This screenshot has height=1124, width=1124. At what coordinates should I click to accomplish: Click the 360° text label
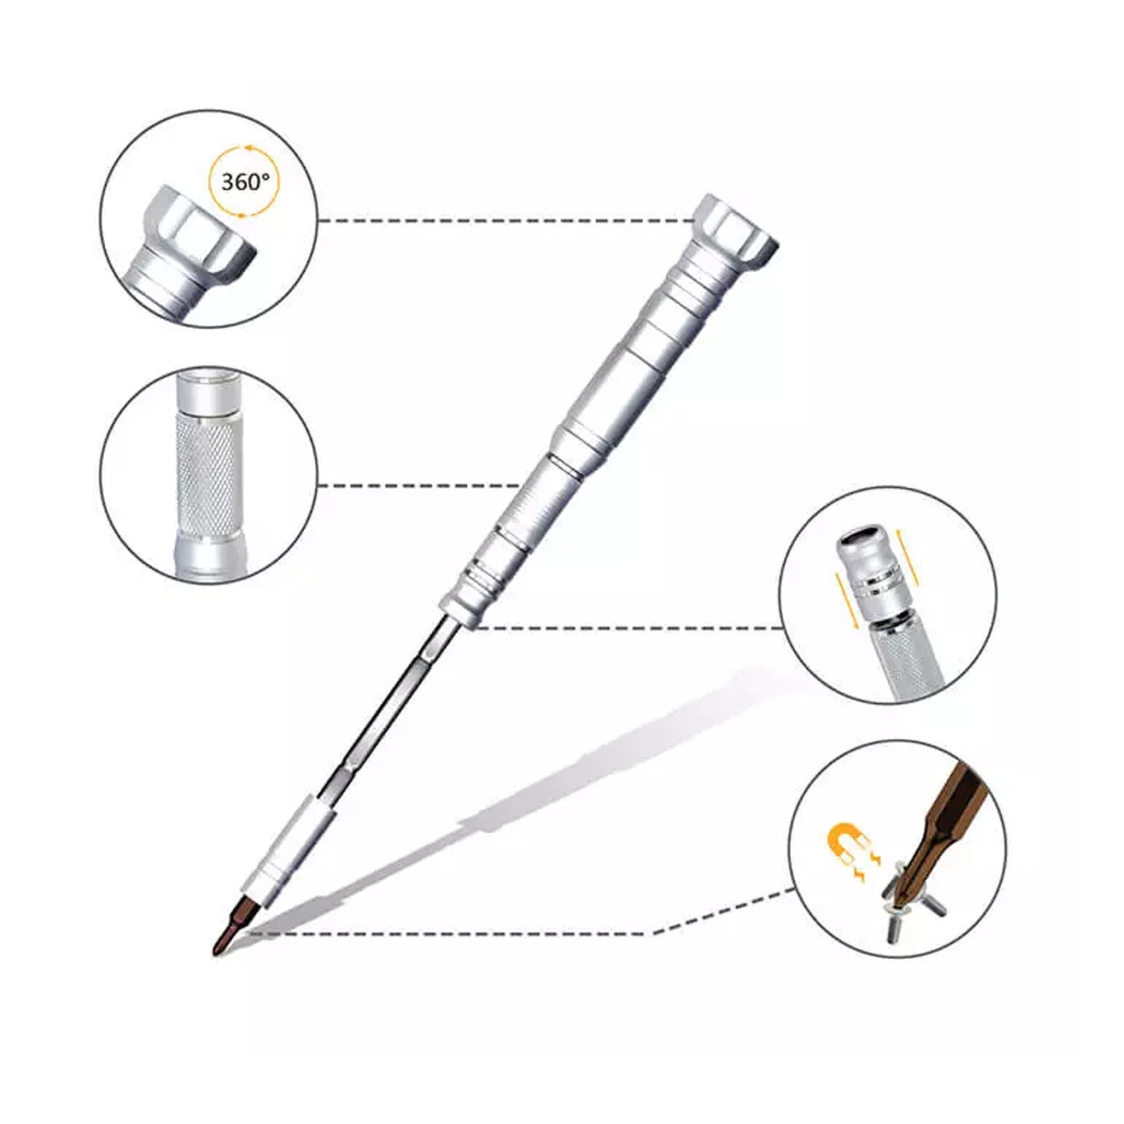click(245, 183)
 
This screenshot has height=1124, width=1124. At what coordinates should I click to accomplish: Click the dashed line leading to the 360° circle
click(507, 221)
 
